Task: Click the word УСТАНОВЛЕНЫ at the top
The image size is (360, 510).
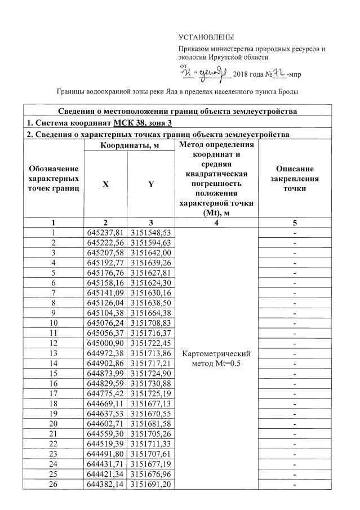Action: click(206, 37)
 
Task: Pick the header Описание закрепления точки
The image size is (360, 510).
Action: click(295, 179)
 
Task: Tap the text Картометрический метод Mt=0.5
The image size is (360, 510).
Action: click(217, 358)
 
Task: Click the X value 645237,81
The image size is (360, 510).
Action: click(105, 232)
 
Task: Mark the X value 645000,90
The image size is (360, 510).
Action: click(105, 343)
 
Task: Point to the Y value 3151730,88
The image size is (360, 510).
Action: click(150, 384)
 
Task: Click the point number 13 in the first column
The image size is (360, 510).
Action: click(54, 353)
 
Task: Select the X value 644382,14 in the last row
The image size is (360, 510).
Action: click(105, 485)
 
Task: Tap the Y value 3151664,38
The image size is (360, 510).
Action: click(150, 313)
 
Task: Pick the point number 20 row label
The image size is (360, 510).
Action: click(54, 424)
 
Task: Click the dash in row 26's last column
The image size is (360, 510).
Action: click(295, 485)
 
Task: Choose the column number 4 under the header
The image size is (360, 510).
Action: click(217, 223)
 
